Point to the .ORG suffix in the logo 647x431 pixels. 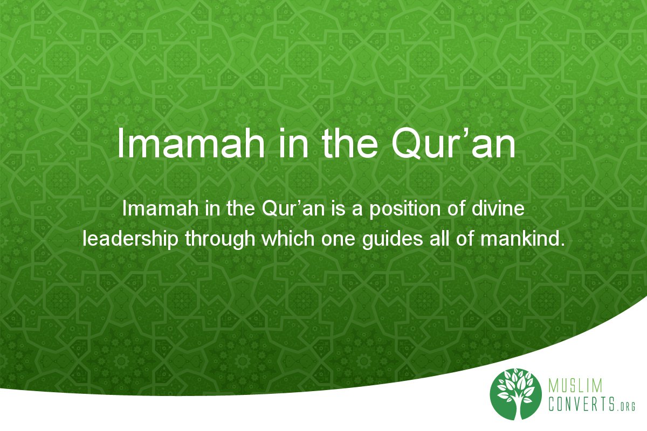tap(625, 407)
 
